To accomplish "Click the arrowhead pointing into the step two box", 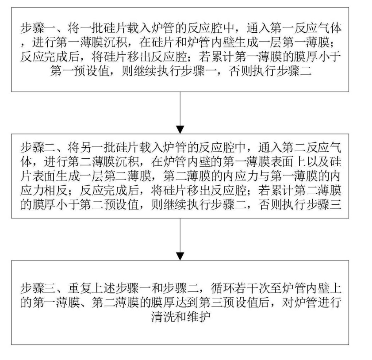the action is [x=180, y=130].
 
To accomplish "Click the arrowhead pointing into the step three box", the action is [x=180, y=257].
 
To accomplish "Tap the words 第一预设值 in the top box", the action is [x=80, y=71].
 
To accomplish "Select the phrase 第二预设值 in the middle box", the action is [x=110, y=205].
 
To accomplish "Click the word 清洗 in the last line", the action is [x=163, y=316].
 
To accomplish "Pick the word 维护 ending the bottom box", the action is [x=199, y=316].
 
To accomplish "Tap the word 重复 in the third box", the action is [x=80, y=288].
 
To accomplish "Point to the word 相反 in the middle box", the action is [x=56, y=191].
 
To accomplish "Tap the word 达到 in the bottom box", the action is [x=187, y=302].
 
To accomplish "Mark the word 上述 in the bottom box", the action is [x=104, y=288].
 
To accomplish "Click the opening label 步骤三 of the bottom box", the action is [x=38, y=288].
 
